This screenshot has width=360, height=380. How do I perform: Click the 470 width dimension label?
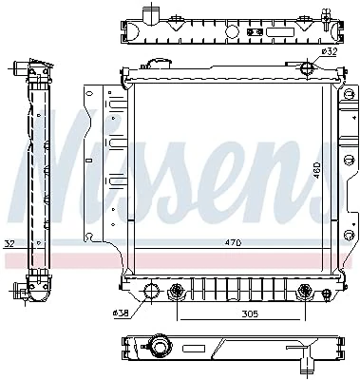click(233, 243)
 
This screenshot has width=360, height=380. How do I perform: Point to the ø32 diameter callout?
click(328, 53)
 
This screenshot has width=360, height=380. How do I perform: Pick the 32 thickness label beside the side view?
click(9, 242)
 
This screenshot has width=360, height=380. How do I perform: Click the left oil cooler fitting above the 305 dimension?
click(177, 291)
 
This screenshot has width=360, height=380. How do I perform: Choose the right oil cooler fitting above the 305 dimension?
click(304, 291)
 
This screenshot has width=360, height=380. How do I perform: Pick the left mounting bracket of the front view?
click(97, 171)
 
